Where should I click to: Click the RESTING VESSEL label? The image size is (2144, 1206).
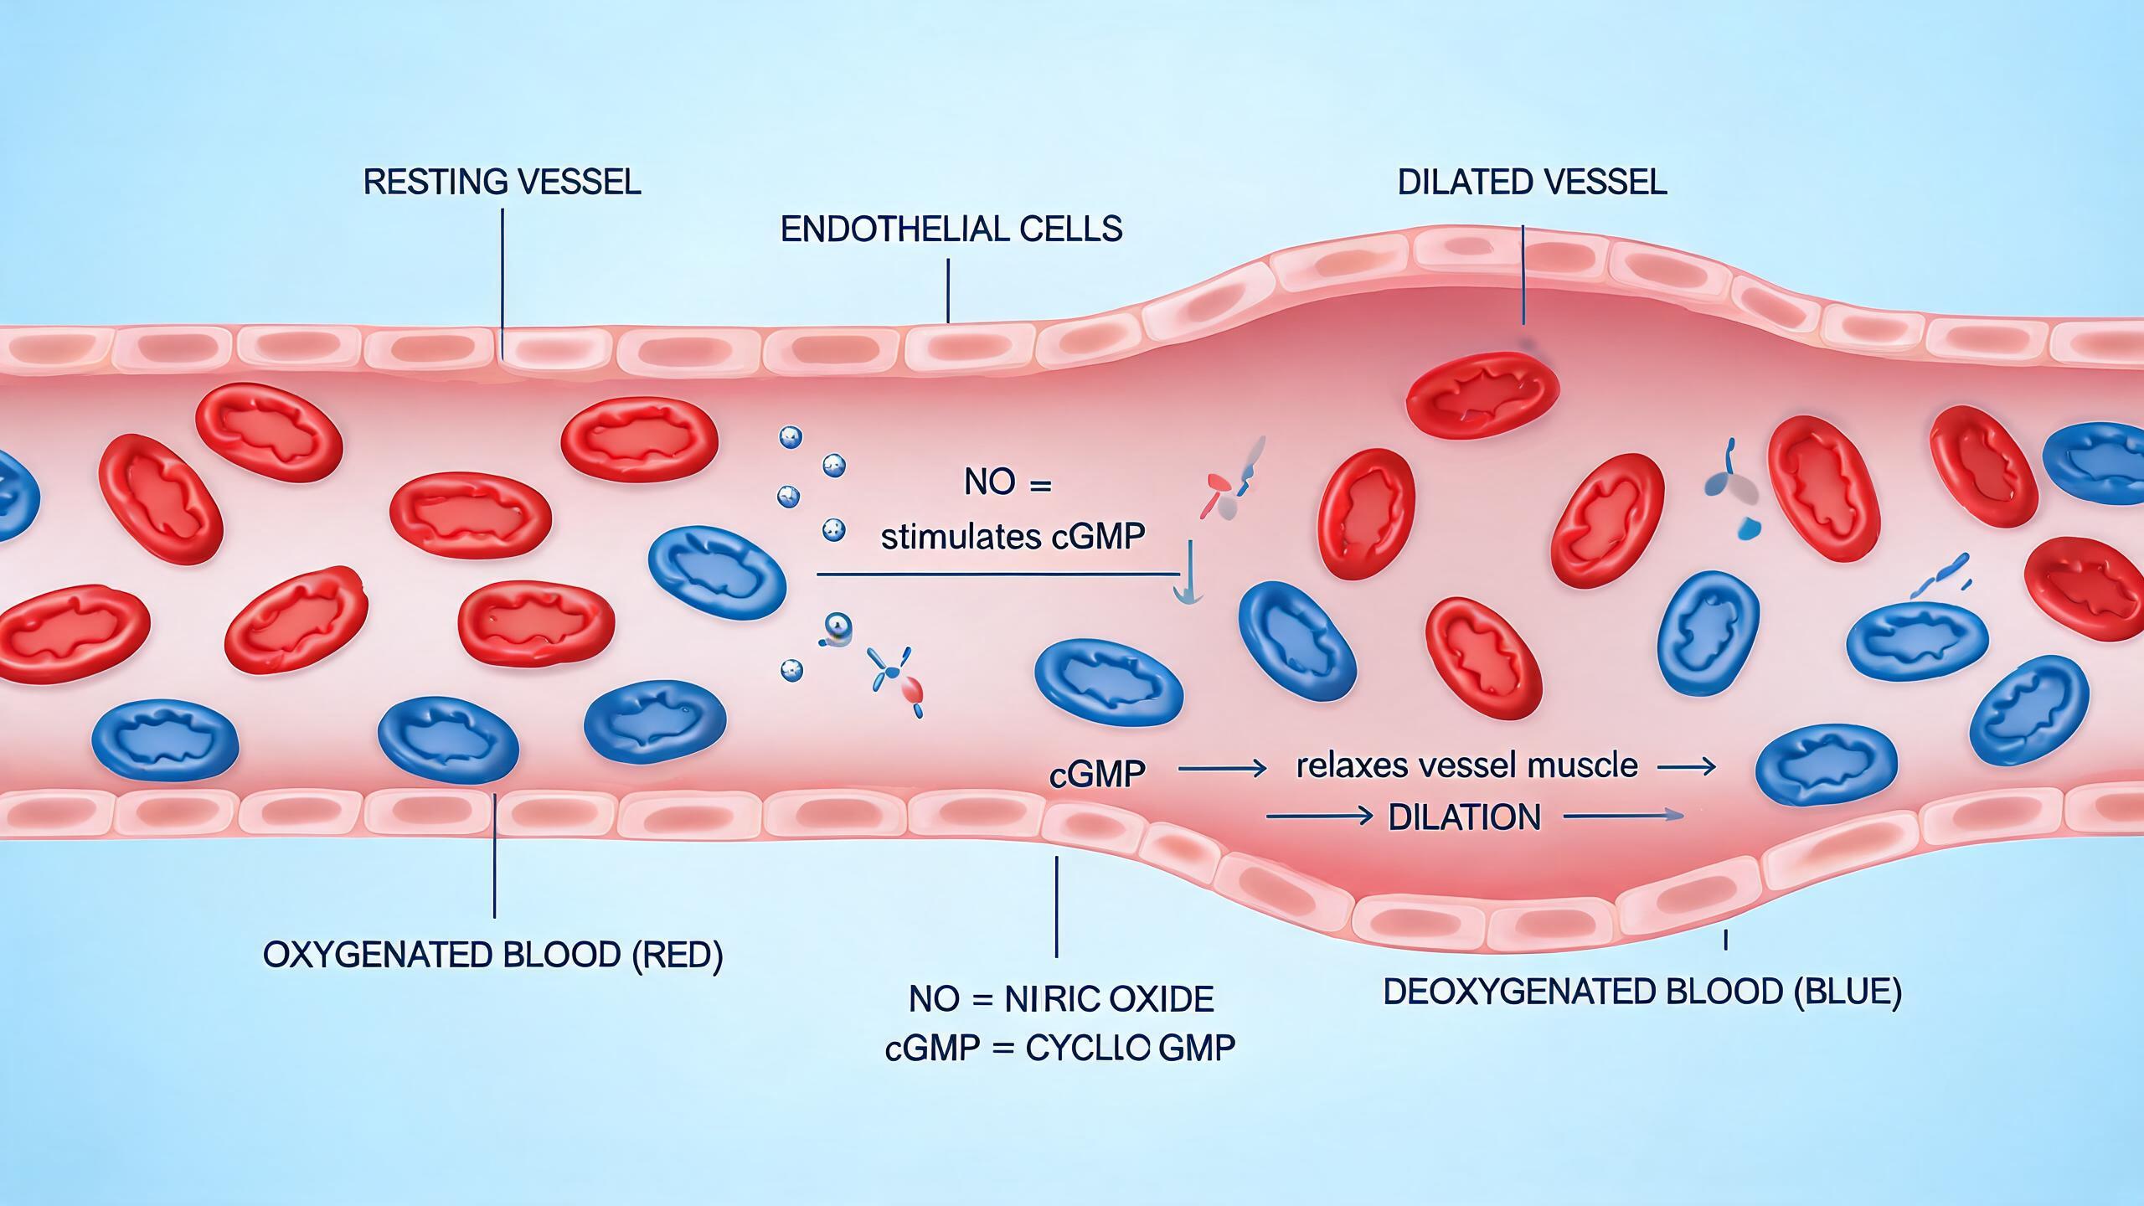[x=502, y=182]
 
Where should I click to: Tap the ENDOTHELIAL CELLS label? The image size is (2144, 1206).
[x=951, y=229]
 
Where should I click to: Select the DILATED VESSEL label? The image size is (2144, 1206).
[x=1532, y=182]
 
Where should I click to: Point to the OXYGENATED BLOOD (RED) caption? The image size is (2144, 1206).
[x=493, y=955]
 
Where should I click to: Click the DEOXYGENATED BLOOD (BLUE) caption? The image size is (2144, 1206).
[x=1641, y=992]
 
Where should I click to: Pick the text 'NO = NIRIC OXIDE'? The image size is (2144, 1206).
[x=1061, y=999]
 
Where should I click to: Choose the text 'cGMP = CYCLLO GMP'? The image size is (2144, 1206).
[x=1060, y=1049]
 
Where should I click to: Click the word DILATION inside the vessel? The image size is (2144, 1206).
[x=1465, y=817]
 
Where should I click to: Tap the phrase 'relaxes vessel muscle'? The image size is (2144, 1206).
[x=1467, y=765]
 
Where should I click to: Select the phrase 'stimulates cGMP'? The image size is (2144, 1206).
[x=1013, y=537]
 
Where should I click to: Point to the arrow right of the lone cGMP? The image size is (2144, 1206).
[x=1223, y=768]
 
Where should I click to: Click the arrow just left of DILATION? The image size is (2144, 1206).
[x=1319, y=816]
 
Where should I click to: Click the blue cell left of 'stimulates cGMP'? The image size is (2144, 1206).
[x=718, y=572]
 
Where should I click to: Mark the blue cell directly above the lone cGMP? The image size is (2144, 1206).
[x=1110, y=681]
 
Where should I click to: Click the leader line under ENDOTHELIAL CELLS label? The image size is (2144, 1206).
[x=948, y=291]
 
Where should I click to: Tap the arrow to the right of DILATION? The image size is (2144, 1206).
[x=1622, y=816]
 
